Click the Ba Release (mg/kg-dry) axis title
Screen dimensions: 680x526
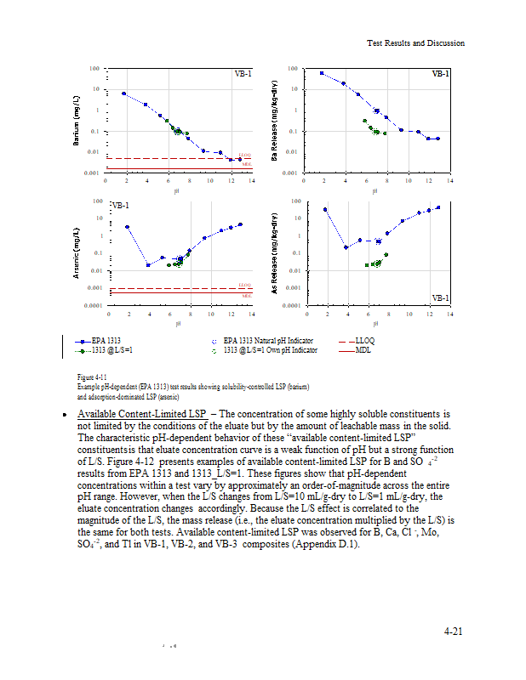[274, 121]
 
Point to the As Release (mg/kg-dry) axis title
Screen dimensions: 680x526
[274, 252]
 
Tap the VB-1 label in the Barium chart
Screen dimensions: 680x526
[243, 74]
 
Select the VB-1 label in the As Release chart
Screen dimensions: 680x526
[441, 297]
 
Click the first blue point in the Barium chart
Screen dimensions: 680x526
[124, 93]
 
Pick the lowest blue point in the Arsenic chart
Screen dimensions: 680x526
[148, 265]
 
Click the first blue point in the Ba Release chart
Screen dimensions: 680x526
[322, 73]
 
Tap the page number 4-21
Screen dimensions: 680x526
[454, 631]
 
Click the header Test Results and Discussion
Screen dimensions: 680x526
[415, 43]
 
